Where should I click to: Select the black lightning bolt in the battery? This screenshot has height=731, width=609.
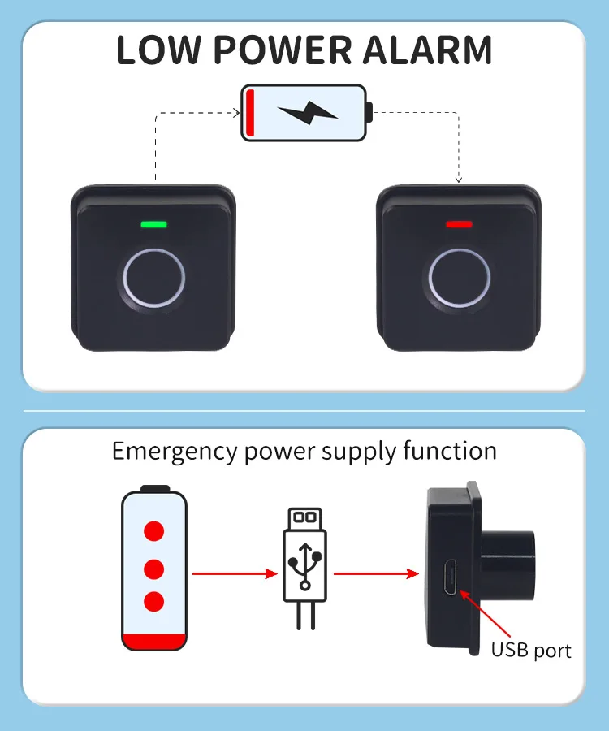tap(307, 114)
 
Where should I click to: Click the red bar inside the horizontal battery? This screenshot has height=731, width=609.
tap(252, 114)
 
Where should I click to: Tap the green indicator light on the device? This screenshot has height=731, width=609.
tap(153, 224)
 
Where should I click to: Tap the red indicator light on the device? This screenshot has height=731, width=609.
tap(459, 224)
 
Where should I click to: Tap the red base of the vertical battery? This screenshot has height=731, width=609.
tap(153, 641)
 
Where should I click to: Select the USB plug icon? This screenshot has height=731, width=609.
tap(305, 560)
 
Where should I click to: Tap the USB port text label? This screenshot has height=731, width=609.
tap(531, 651)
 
